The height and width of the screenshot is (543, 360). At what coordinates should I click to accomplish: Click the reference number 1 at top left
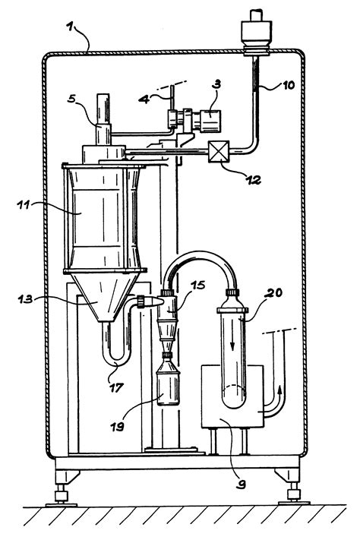click(71, 27)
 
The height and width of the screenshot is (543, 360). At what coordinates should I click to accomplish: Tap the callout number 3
click(216, 85)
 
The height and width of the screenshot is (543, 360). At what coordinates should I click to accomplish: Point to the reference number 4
click(144, 99)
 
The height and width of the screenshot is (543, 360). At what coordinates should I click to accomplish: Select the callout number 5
click(71, 99)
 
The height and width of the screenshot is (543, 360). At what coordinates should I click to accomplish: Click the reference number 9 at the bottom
click(241, 484)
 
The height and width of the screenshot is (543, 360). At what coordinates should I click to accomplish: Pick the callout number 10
click(288, 85)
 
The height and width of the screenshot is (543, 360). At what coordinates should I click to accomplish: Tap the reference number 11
click(24, 204)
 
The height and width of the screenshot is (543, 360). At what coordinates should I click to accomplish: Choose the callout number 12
click(254, 180)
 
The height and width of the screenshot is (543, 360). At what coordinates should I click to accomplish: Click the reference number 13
click(25, 298)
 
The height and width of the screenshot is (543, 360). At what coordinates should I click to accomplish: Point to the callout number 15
click(197, 285)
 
